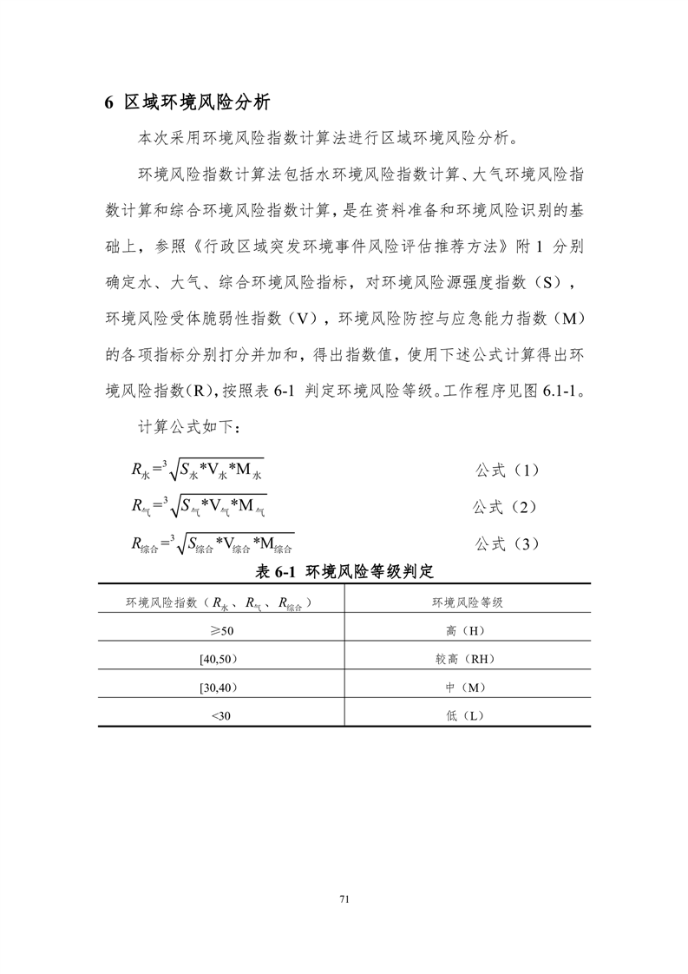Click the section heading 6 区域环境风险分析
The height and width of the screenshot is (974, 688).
pos(187,102)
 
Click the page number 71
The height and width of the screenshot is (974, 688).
pos(344,898)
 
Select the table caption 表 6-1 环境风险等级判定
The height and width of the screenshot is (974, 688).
pos(344,571)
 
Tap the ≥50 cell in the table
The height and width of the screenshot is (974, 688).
pos(221,629)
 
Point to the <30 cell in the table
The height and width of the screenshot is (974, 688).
pos(221,714)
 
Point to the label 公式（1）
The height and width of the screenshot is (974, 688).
pos(508,470)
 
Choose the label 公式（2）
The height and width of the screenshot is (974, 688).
pos(508,506)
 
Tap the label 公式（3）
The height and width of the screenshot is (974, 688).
pos(508,543)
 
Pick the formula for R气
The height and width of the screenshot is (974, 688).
pos(200,506)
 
